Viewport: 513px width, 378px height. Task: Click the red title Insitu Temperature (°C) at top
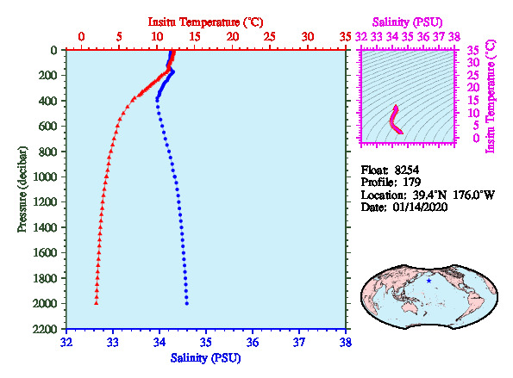(x=205, y=22)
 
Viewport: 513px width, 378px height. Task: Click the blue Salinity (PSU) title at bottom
(x=205, y=358)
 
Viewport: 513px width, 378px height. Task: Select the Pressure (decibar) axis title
(x=22, y=189)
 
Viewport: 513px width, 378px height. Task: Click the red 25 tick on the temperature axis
(x=270, y=36)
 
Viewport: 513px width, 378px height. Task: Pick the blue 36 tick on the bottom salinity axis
(x=253, y=343)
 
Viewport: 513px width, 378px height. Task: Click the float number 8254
(x=407, y=170)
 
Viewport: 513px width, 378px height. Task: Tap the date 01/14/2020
(x=420, y=208)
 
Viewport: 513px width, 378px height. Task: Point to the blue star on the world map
(x=429, y=281)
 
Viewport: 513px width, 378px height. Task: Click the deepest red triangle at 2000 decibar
(x=97, y=303)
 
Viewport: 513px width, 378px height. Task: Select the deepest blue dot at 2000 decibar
(x=187, y=303)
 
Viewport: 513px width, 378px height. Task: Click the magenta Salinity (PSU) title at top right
(x=407, y=22)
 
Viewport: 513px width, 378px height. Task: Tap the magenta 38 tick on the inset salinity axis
(x=454, y=36)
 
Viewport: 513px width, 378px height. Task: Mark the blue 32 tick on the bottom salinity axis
(x=66, y=343)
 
